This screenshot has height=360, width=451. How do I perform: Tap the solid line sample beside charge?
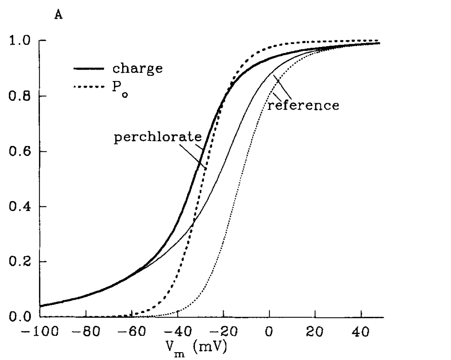click(x=88, y=69)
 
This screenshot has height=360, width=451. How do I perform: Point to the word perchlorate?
click(x=158, y=138)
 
